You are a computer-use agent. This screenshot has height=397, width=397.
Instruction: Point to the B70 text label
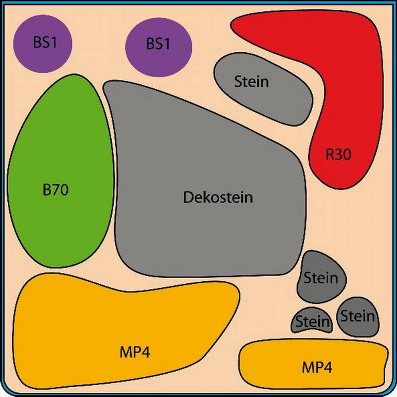click(x=55, y=190)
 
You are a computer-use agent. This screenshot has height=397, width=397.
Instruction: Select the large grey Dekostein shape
click(x=207, y=171)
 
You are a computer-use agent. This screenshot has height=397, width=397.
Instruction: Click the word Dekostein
click(x=218, y=197)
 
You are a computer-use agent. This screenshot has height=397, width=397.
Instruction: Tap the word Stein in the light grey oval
click(x=252, y=82)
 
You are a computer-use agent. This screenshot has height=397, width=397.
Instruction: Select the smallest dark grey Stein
click(x=312, y=322)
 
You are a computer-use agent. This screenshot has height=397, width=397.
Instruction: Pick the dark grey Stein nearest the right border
click(x=358, y=316)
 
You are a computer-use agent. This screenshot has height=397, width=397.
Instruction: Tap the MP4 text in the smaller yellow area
click(x=316, y=368)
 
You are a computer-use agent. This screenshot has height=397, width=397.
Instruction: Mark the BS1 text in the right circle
click(x=158, y=44)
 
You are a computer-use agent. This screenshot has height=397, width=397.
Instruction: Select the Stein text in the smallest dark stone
click(x=312, y=323)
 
